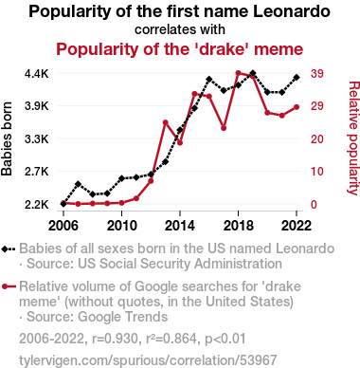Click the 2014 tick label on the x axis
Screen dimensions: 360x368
coord(180,226)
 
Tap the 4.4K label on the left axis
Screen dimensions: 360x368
coord(37,74)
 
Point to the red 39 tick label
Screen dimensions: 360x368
coord(317,74)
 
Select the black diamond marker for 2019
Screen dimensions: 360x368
coord(253,74)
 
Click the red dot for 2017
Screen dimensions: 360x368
coord(224,128)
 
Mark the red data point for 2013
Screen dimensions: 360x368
coord(165,122)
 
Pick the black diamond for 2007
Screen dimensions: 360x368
coord(78,184)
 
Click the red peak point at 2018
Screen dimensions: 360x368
coord(239,73)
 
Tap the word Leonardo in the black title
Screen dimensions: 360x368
coord(292,11)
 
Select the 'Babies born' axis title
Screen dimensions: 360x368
coord(7,138)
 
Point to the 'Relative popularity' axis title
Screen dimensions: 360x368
coord(353,138)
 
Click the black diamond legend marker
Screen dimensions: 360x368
coord(9,249)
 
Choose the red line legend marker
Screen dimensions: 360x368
coord(9,286)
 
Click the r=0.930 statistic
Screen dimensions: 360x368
coord(115,339)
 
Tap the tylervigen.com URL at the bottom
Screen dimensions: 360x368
coord(148,360)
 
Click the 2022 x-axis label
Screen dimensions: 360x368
coord(297,226)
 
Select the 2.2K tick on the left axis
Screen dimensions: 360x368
coord(37,205)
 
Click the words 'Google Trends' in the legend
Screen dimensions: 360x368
coord(122,317)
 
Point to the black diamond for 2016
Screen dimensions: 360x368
coord(209,79)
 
